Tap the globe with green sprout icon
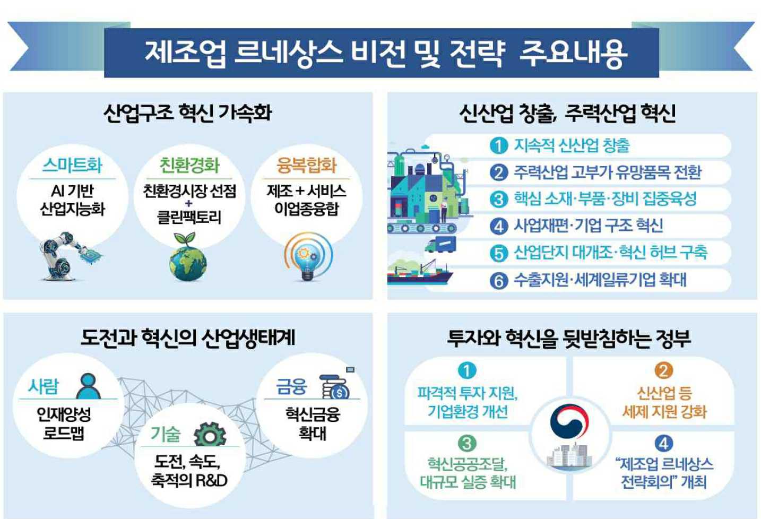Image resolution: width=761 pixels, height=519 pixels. (188, 257)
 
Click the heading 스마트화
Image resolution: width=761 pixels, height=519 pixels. (72, 165)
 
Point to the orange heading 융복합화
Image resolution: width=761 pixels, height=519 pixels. (307, 166)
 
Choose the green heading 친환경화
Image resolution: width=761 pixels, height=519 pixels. (189, 166)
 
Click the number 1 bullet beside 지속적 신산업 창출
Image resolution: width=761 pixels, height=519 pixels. (498, 145)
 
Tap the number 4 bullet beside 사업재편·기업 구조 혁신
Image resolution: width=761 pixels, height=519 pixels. (498, 226)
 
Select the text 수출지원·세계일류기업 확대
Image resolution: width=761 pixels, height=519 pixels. (600, 280)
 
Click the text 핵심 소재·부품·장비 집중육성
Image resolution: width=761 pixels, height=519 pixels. (604, 199)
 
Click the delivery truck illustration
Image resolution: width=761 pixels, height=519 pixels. (440, 245)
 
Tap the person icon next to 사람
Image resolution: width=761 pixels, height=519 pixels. (88, 386)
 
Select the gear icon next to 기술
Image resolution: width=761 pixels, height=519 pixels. (210, 435)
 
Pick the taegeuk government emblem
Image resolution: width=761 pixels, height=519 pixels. (569, 422)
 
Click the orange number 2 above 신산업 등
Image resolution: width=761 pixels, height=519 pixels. (663, 370)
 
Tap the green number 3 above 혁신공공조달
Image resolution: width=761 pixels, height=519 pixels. (466, 443)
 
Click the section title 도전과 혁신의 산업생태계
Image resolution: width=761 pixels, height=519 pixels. (188, 338)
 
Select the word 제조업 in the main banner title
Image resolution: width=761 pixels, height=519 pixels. (185, 53)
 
